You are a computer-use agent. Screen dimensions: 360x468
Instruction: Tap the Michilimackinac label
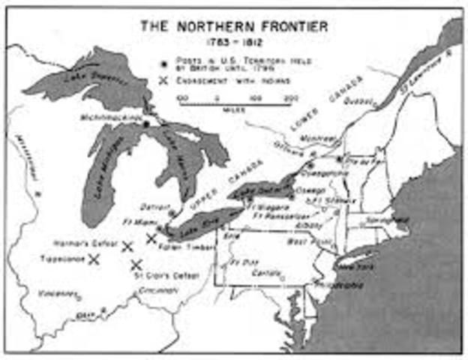point(112,118)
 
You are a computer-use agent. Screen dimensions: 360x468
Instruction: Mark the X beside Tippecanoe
point(94,259)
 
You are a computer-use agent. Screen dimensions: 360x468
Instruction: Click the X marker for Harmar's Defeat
point(127,246)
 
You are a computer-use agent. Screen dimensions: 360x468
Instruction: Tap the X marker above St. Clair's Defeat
point(136,264)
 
